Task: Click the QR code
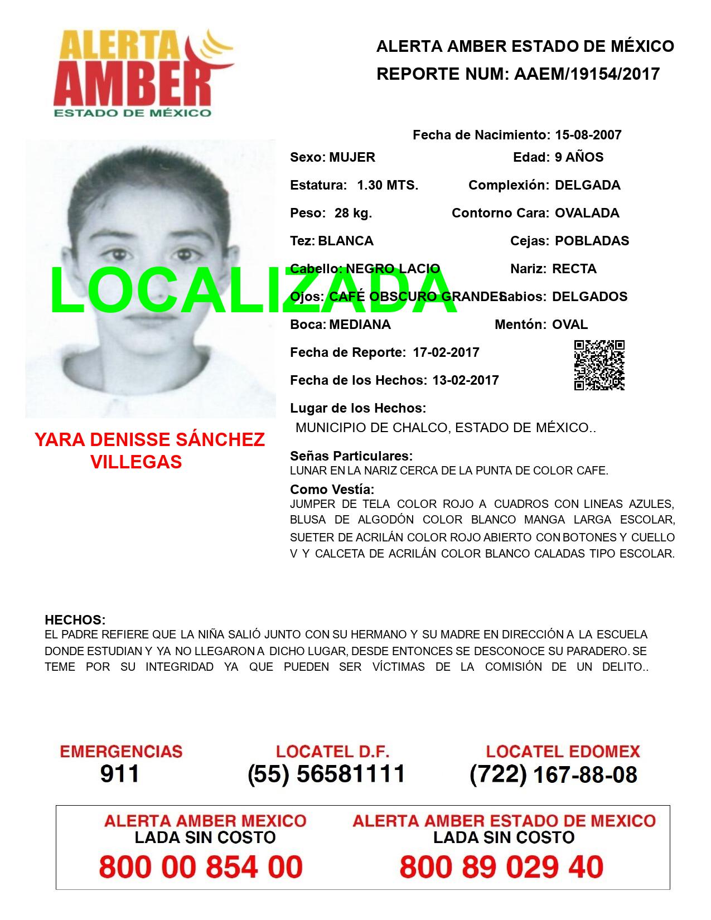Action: point(599,365)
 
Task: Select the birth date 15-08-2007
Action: point(588,135)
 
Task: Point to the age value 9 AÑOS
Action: point(579,157)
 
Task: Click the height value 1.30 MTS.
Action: point(388,185)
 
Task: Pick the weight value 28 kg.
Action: point(353,213)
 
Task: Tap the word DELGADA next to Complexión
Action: point(587,185)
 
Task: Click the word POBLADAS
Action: point(592,241)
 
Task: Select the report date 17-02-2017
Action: point(446,352)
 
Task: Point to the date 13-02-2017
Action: point(466,380)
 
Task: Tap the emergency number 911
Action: point(120,774)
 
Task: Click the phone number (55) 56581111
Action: point(326,774)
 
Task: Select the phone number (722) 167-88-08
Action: point(553,774)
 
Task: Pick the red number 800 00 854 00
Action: point(201,867)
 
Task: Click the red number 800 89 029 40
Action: point(501,867)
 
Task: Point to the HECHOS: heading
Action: point(75,620)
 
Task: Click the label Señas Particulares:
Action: point(351,456)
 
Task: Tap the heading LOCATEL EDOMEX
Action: point(563,752)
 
